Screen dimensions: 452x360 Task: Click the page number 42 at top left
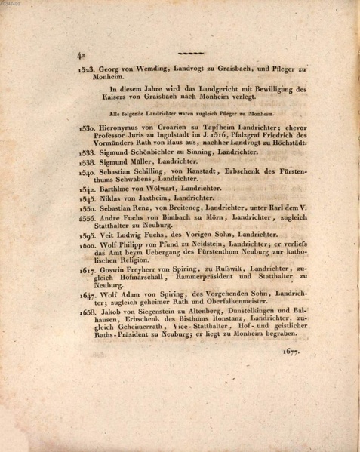(82, 54)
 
